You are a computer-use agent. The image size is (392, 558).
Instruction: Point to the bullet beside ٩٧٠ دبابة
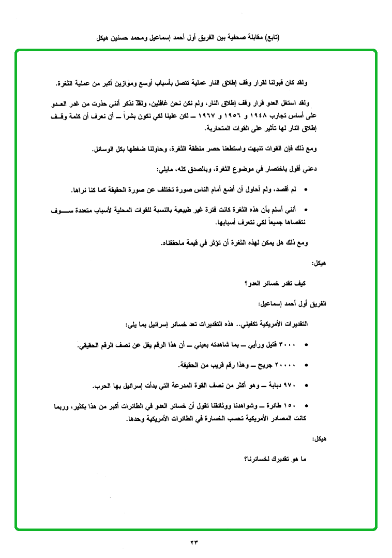tap(307, 386)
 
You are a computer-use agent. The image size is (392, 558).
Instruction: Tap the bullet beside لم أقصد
tap(307, 190)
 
